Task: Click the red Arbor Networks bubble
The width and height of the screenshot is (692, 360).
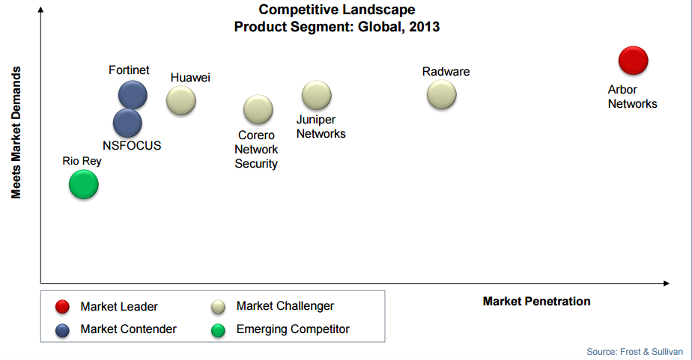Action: pos(634,61)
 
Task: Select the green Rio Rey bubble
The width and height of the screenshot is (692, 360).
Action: pos(83,184)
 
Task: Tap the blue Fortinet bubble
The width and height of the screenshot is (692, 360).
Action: pos(133,95)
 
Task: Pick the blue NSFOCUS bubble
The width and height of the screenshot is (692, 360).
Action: pos(127,123)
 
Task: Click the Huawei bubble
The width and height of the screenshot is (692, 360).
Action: pos(181,100)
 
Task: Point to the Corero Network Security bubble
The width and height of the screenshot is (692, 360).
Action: pos(258,109)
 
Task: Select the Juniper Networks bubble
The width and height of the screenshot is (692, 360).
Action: pos(317,95)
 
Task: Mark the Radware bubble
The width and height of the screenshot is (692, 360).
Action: pos(441,94)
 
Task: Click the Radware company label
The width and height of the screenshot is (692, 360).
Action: pos(446,71)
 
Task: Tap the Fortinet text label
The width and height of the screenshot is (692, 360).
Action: pos(129,70)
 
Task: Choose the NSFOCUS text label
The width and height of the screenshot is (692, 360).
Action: pos(132,146)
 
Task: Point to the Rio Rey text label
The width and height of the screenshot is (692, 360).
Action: pos(82,161)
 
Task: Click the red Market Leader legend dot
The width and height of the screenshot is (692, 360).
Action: pos(62,307)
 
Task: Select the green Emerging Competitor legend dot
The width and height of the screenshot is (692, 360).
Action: pos(218,330)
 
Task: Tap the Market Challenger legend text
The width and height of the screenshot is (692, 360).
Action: pos(285,305)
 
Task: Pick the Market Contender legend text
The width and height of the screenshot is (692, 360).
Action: pos(128,329)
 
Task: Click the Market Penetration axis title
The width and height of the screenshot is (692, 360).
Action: pos(537,302)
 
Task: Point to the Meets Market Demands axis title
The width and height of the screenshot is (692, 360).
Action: pos(16,132)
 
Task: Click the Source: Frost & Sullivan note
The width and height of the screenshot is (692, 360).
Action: pos(634,352)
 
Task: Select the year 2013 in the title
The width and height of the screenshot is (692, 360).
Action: pos(424,27)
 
